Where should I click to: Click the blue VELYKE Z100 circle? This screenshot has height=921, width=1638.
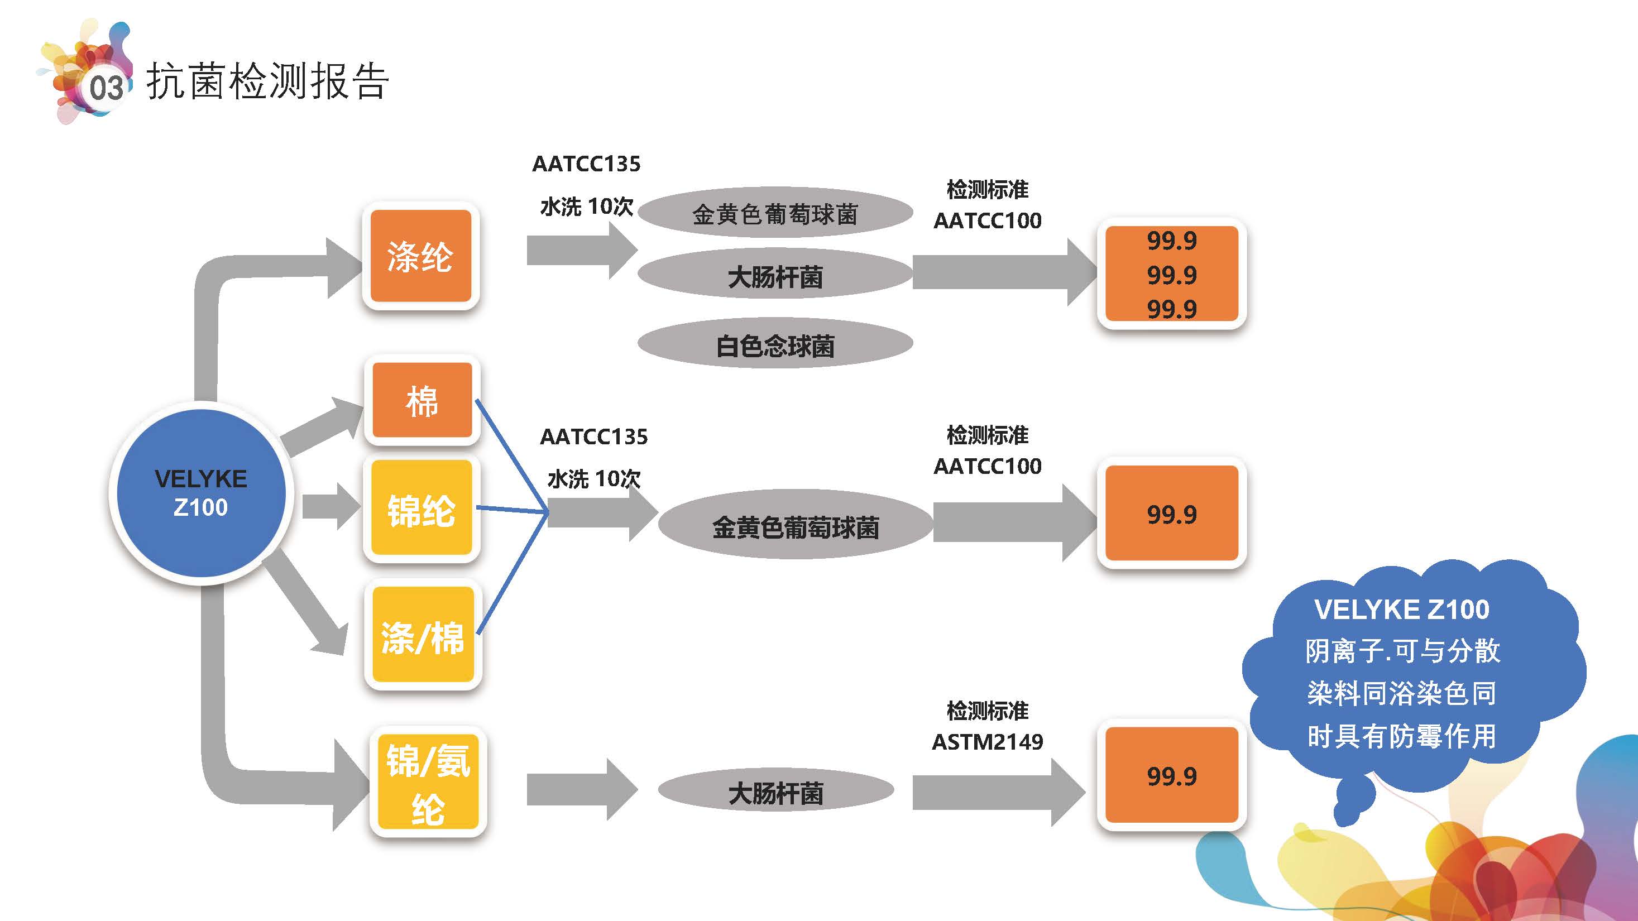pos(200,493)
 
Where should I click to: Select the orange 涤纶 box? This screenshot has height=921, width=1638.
pos(420,256)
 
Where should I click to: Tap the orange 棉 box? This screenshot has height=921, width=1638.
pos(422,400)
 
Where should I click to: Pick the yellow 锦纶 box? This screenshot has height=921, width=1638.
pos(422,509)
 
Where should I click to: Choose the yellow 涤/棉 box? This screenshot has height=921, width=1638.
pos(423,635)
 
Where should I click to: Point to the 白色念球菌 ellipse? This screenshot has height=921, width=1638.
pos(775,345)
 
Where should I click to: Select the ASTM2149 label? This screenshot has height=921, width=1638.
pos(987,742)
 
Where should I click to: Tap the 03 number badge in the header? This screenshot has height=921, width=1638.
pos(105,88)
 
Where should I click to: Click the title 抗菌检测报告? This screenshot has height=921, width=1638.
pos(267,81)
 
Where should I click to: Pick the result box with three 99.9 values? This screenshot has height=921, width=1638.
pos(1171,274)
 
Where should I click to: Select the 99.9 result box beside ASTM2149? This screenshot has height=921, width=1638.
pos(1171,775)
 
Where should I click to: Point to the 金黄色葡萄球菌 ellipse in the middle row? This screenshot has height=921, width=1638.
pos(795,526)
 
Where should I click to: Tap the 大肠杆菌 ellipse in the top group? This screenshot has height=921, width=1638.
pos(775,276)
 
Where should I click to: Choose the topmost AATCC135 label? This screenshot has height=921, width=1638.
pos(586,164)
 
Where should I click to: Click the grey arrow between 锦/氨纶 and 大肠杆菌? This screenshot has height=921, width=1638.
pos(581,790)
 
